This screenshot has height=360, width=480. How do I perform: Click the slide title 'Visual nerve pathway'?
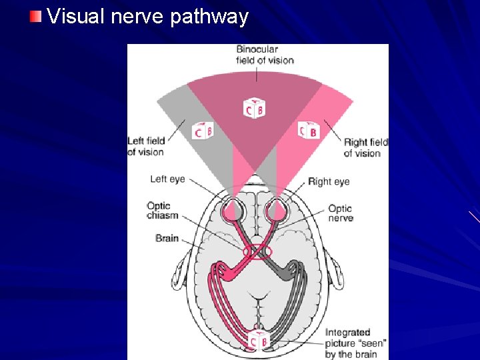[x=147, y=16]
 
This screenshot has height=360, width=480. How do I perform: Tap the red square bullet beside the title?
[x=36, y=15]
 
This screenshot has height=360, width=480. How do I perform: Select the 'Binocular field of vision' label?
[x=265, y=55]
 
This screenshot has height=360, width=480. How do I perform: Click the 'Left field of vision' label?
[x=145, y=147]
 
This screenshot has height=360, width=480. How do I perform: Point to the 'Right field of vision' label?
[x=365, y=147]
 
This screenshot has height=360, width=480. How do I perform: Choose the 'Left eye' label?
[x=167, y=179]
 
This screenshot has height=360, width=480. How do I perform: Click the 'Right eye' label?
[x=329, y=181]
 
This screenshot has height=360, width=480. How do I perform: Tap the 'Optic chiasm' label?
[x=159, y=211]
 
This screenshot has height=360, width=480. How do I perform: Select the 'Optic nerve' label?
[x=340, y=213]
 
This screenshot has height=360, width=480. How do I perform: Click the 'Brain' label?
[x=167, y=238]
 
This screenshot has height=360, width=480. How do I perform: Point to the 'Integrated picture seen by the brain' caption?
[x=355, y=343]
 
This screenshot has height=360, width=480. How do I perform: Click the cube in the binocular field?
[x=254, y=108]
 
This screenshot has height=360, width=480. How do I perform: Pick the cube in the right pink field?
[x=308, y=131]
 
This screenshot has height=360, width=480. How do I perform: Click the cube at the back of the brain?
[x=257, y=341]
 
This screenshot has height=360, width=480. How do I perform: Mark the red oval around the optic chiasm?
[x=258, y=252]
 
